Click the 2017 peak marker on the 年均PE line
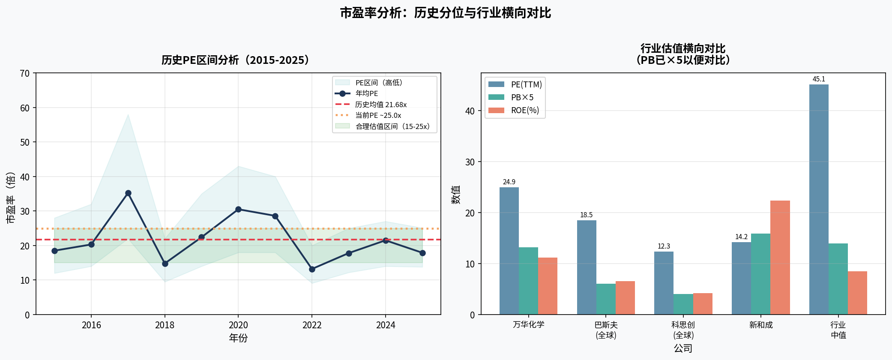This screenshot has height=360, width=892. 128,193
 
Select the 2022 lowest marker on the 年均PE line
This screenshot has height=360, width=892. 312,269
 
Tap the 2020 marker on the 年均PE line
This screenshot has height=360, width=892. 238,209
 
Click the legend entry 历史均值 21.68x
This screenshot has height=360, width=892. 380,105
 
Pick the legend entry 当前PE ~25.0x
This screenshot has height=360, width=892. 378,115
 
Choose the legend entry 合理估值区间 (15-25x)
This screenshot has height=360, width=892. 392,126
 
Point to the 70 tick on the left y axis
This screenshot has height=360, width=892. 25,73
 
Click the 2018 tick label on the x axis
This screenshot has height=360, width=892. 165,325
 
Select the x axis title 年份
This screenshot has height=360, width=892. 238,338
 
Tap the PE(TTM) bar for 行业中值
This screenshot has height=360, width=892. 819,199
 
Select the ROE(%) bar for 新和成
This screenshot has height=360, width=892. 780,257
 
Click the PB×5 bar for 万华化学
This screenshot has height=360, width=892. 528,281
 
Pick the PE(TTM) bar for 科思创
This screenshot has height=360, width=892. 664,283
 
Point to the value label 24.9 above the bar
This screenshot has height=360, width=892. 509,182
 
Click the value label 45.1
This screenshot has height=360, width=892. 819,79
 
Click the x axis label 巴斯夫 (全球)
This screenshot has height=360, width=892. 606,330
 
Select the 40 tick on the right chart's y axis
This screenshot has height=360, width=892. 470,111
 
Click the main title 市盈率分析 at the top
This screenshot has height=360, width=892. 446,13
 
